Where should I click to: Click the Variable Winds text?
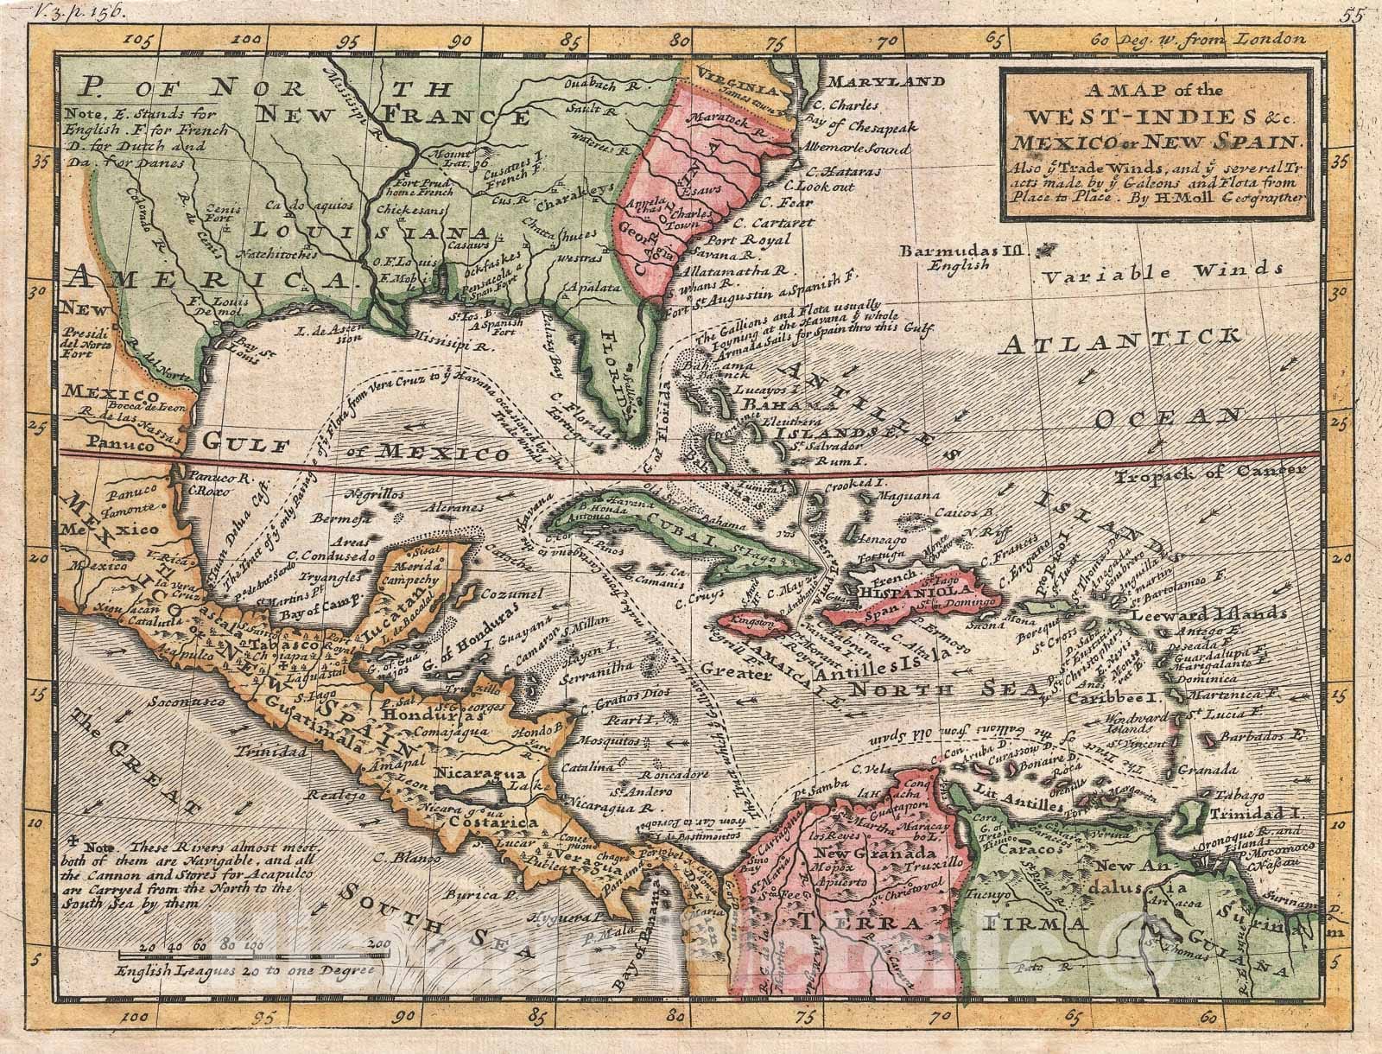point(1148,275)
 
